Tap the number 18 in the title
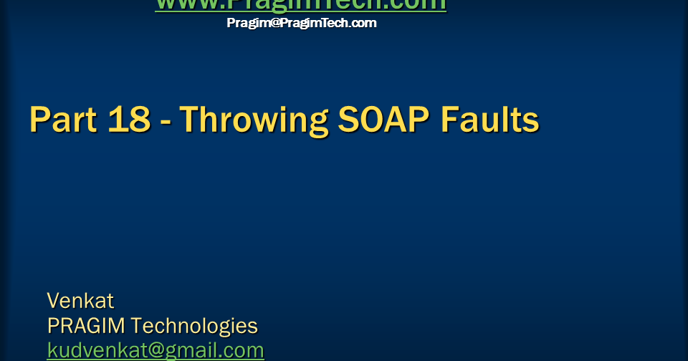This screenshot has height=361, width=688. tap(130, 119)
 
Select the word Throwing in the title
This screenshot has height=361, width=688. tap(248, 120)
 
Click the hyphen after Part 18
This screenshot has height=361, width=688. tap(166, 122)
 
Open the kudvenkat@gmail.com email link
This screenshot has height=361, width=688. tap(156, 350)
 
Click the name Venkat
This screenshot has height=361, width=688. tap(80, 300)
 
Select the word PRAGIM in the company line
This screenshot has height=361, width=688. tap(87, 326)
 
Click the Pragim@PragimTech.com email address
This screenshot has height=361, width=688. tap(301, 23)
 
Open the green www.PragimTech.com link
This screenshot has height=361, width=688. tap(300, 4)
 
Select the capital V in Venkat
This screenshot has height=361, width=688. tap(53, 300)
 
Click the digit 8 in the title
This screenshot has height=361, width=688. tap(139, 119)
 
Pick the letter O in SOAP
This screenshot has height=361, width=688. tap(367, 119)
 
